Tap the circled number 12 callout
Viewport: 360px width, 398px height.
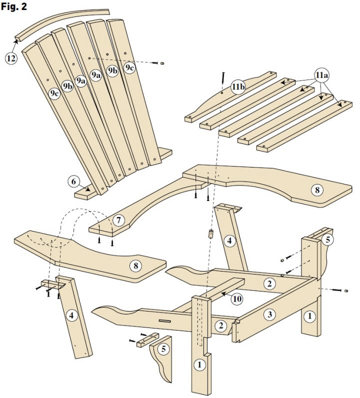[11, 58]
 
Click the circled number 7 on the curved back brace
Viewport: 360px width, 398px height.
[118, 219]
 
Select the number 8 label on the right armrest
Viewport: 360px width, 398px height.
[316, 190]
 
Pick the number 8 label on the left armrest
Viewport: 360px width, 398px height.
[135, 265]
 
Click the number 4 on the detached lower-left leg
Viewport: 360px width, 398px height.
[72, 315]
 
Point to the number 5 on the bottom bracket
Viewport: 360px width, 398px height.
[163, 349]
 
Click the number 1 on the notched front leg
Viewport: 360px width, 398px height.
[199, 364]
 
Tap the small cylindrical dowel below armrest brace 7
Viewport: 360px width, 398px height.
[210, 233]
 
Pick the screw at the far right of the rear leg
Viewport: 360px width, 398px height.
[345, 290]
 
